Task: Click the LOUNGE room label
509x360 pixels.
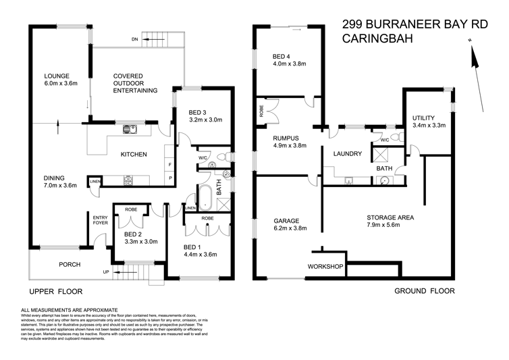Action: [57, 76]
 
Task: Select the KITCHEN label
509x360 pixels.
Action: [134, 155]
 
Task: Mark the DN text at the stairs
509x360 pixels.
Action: [135, 40]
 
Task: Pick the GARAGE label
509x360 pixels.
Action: [286, 221]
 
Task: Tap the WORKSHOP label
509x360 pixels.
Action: [326, 267]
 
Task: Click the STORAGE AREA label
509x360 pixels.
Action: [390, 217]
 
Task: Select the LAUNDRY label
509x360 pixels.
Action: [348, 154]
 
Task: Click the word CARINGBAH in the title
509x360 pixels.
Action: [375, 39]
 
